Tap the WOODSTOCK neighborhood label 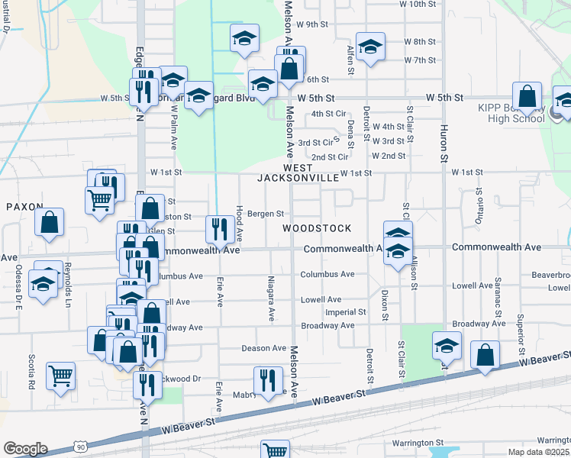(x=317, y=228)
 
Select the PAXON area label (x=21, y=207)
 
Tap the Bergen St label (x=266, y=214)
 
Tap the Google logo (x=25, y=448)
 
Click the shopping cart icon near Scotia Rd (x=60, y=375)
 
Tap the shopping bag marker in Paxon (x=50, y=222)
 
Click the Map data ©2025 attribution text (x=539, y=452)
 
